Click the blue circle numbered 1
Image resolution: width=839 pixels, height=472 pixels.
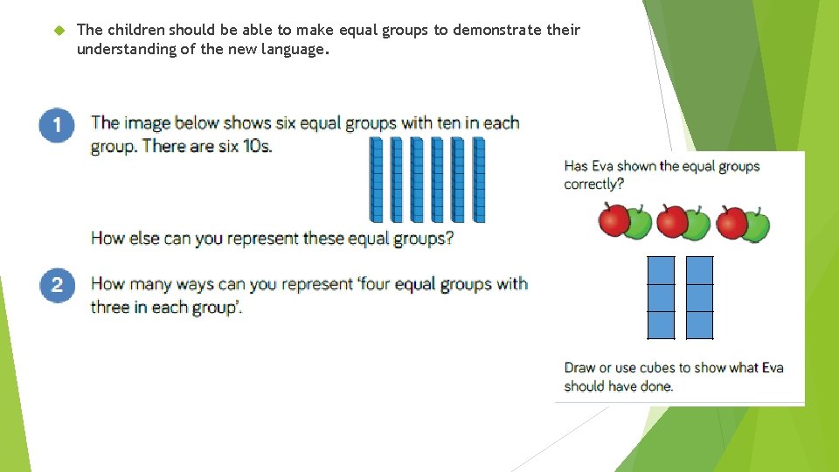coord(56,125)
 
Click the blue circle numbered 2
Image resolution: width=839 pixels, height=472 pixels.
coord(56,284)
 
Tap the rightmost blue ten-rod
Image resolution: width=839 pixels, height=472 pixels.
coord(478,180)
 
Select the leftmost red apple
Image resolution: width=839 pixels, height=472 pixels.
coord(615,220)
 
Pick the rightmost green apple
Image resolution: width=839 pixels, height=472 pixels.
coord(755,226)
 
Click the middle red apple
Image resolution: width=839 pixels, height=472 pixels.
coord(672,221)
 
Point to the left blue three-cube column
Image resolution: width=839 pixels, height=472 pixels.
coord(662,298)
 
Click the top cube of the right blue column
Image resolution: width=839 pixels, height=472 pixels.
coord(700,271)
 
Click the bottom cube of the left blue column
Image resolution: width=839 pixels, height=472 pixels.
coord(662,325)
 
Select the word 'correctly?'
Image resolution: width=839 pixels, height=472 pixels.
coord(594,184)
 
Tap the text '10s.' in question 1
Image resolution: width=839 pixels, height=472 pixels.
coord(257,146)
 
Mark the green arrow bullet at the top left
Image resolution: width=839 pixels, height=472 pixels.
coord(59,31)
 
